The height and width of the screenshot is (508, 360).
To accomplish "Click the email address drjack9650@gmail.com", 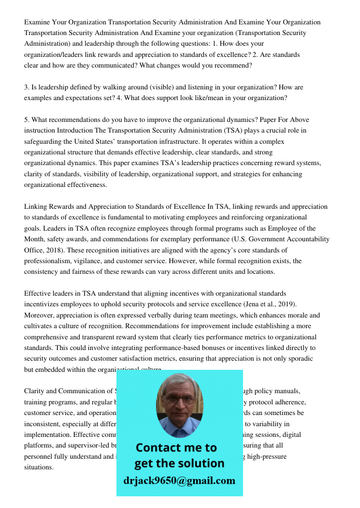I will [x=179, y=481].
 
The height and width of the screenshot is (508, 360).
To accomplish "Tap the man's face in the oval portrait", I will [x=178, y=401].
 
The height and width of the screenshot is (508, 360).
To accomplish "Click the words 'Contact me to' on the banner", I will [x=176, y=448].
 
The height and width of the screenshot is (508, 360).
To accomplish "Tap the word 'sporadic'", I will [x=299, y=359].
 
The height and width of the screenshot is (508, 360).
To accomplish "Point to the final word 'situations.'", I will [x=39, y=467].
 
